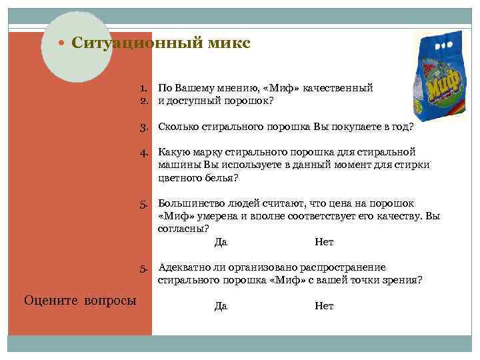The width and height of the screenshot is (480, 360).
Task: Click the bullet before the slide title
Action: click(x=61, y=44)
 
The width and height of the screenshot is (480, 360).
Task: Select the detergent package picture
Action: click(x=441, y=73)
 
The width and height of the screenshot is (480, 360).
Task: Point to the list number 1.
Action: click(x=143, y=88)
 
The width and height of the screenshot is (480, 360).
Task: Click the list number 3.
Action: click(x=143, y=126)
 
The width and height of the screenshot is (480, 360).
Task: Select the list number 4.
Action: click(x=143, y=153)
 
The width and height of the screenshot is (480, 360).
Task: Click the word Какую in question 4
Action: click(x=173, y=153)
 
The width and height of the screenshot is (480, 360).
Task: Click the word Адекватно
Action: click(x=183, y=267)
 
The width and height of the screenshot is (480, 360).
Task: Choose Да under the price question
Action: click(x=221, y=242)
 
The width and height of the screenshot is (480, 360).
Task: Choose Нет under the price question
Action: click(x=324, y=242)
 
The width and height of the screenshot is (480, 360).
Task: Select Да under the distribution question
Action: click(x=221, y=306)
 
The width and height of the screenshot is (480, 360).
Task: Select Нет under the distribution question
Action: click(x=324, y=306)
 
